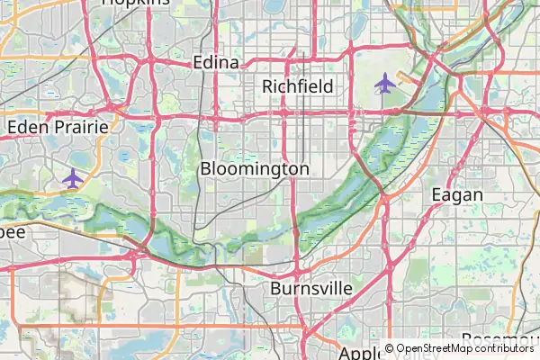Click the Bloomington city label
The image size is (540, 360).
coord(255,168)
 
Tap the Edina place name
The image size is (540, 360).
coord(216,63)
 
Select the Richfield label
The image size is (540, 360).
coord(298,86)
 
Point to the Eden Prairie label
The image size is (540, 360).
coord(58,127)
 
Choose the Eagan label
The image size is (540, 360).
coord(457,194)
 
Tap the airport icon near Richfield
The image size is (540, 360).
coord(385,84)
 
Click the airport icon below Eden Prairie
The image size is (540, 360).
coord(73,177)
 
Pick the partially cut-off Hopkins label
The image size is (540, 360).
coord(136,3)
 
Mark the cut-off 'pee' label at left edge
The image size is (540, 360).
coord(13,232)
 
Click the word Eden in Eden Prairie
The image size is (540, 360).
coord(25,127)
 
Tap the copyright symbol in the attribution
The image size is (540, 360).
coord(389,348)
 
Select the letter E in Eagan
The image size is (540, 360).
coord(437,194)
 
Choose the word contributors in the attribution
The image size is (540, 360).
coord(501,348)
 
